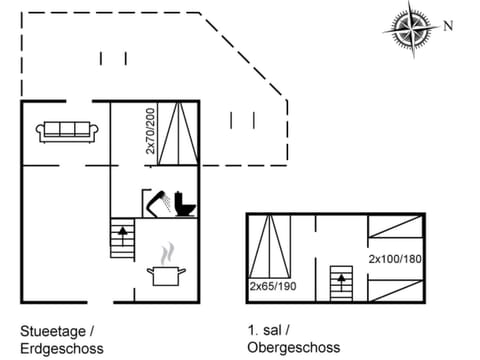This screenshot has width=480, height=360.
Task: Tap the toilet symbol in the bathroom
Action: pos(185,204)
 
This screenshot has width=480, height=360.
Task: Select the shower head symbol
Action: pos(157,200)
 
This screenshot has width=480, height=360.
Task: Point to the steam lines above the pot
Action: pos(165,251)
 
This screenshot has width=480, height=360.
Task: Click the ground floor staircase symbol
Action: pos(122,240)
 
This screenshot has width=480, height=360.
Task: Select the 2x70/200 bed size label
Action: pos(150,130)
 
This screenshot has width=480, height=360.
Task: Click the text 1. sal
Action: pos(267,331)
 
